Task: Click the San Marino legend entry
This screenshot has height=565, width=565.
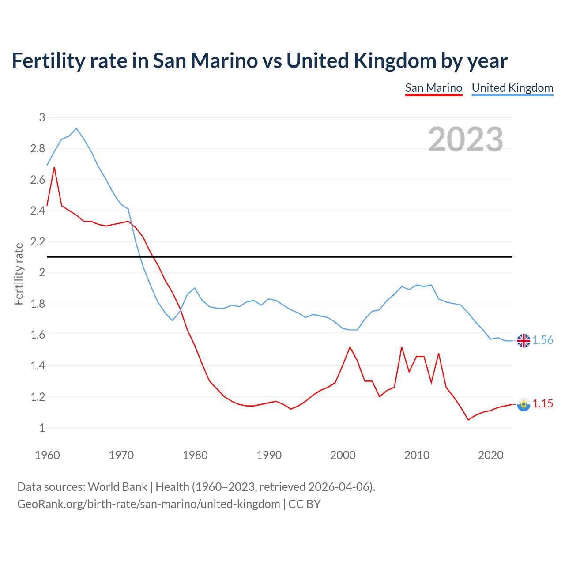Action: coord(433,88)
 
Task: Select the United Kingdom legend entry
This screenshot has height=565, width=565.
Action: coord(512,88)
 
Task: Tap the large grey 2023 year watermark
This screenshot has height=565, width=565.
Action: coord(466,139)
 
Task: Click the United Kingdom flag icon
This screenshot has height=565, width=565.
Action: coord(524,341)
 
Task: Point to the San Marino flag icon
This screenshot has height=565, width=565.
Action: coord(524,404)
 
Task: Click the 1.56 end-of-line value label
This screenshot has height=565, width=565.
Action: coord(542,340)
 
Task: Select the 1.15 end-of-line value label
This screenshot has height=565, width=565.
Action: coord(542,403)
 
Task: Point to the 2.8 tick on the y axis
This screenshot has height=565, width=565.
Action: coord(38,149)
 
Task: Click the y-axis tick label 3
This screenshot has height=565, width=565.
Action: coord(42,117)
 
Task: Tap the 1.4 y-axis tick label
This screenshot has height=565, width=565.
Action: coord(38,365)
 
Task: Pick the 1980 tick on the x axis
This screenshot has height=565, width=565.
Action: coord(195,455)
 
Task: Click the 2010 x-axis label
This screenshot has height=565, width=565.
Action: coord(417,455)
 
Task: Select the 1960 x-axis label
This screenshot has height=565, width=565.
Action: coord(47,455)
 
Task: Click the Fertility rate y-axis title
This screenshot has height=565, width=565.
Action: coord(19,274)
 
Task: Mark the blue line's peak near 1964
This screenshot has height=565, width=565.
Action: coord(76,128)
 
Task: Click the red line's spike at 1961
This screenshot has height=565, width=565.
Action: coord(54,167)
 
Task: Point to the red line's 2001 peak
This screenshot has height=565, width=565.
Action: coord(350,347)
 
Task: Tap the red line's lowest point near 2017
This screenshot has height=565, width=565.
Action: coord(468,420)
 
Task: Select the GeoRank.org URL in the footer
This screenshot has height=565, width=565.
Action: coord(149,504)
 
